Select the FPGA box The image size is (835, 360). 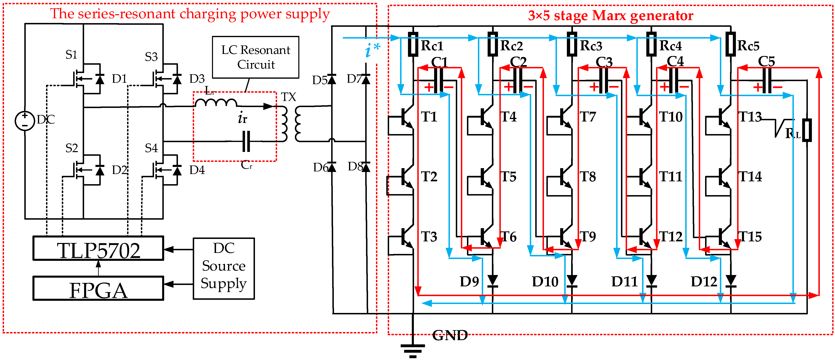[x=98, y=288]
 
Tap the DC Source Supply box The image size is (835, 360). [x=224, y=269]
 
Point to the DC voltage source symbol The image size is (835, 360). [x=25, y=121]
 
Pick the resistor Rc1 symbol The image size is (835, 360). [x=413, y=44]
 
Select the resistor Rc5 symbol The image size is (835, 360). [x=731, y=44]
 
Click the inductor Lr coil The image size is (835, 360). [x=216, y=102]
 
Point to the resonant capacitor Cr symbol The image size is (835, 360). [x=246, y=141]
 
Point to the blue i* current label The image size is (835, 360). [x=372, y=50]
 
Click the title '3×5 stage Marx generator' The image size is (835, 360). [x=610, y=15]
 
